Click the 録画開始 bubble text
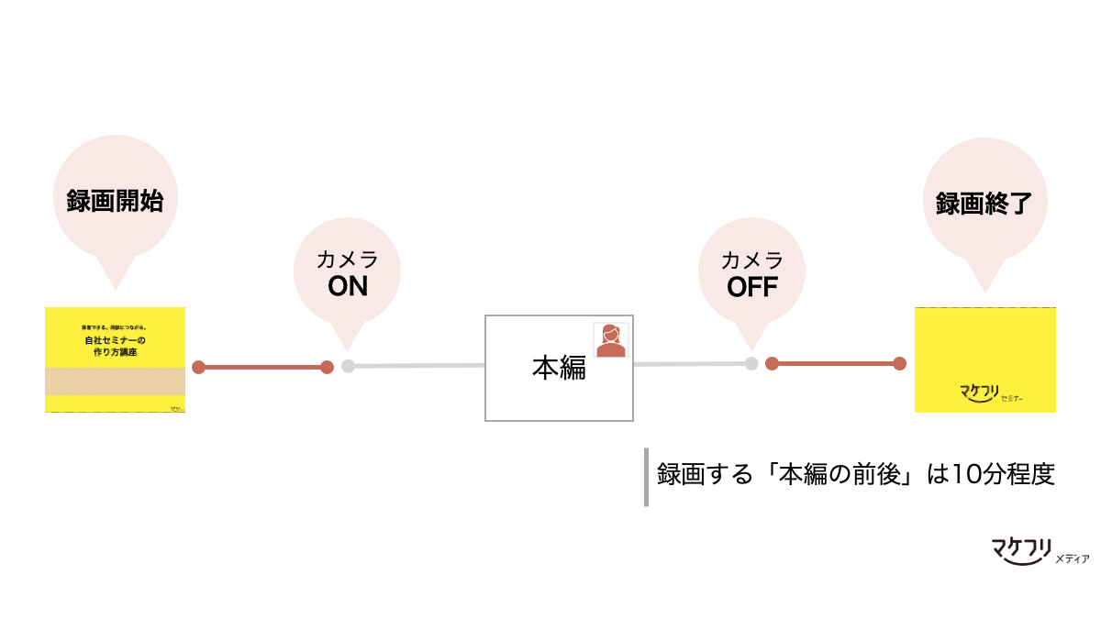pos(115,202)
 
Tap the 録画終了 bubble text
pos(984,204)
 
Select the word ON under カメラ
pos(348,287)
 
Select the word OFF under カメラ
pos(752,287)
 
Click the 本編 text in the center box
pos(559,368)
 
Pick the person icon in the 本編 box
pos(610,340)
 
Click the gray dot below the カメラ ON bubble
pos(348,366)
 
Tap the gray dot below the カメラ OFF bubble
pos(751,363)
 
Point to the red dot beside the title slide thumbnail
pos(198,367)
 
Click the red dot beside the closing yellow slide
pos(899,363)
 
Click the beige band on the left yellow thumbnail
pos(115,381)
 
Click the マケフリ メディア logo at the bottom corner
pos(1031,550)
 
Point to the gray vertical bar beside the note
pos(646,477)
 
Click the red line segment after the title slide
pos(262,367)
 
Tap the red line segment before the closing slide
pos(835,363)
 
